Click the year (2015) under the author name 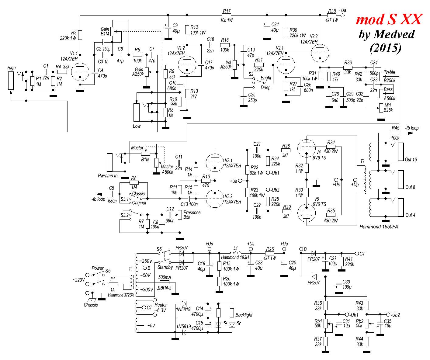coord(386,48)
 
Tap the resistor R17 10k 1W coord(227,15)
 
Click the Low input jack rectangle coord(137,112)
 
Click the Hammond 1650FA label coord(378,227)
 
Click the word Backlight coord(244,315)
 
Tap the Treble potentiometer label coord(389,72)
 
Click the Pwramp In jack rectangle coord(110,163)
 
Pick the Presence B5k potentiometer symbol coord(180,215)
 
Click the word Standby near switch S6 coord(165,267)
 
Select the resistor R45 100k coord(395,133)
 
